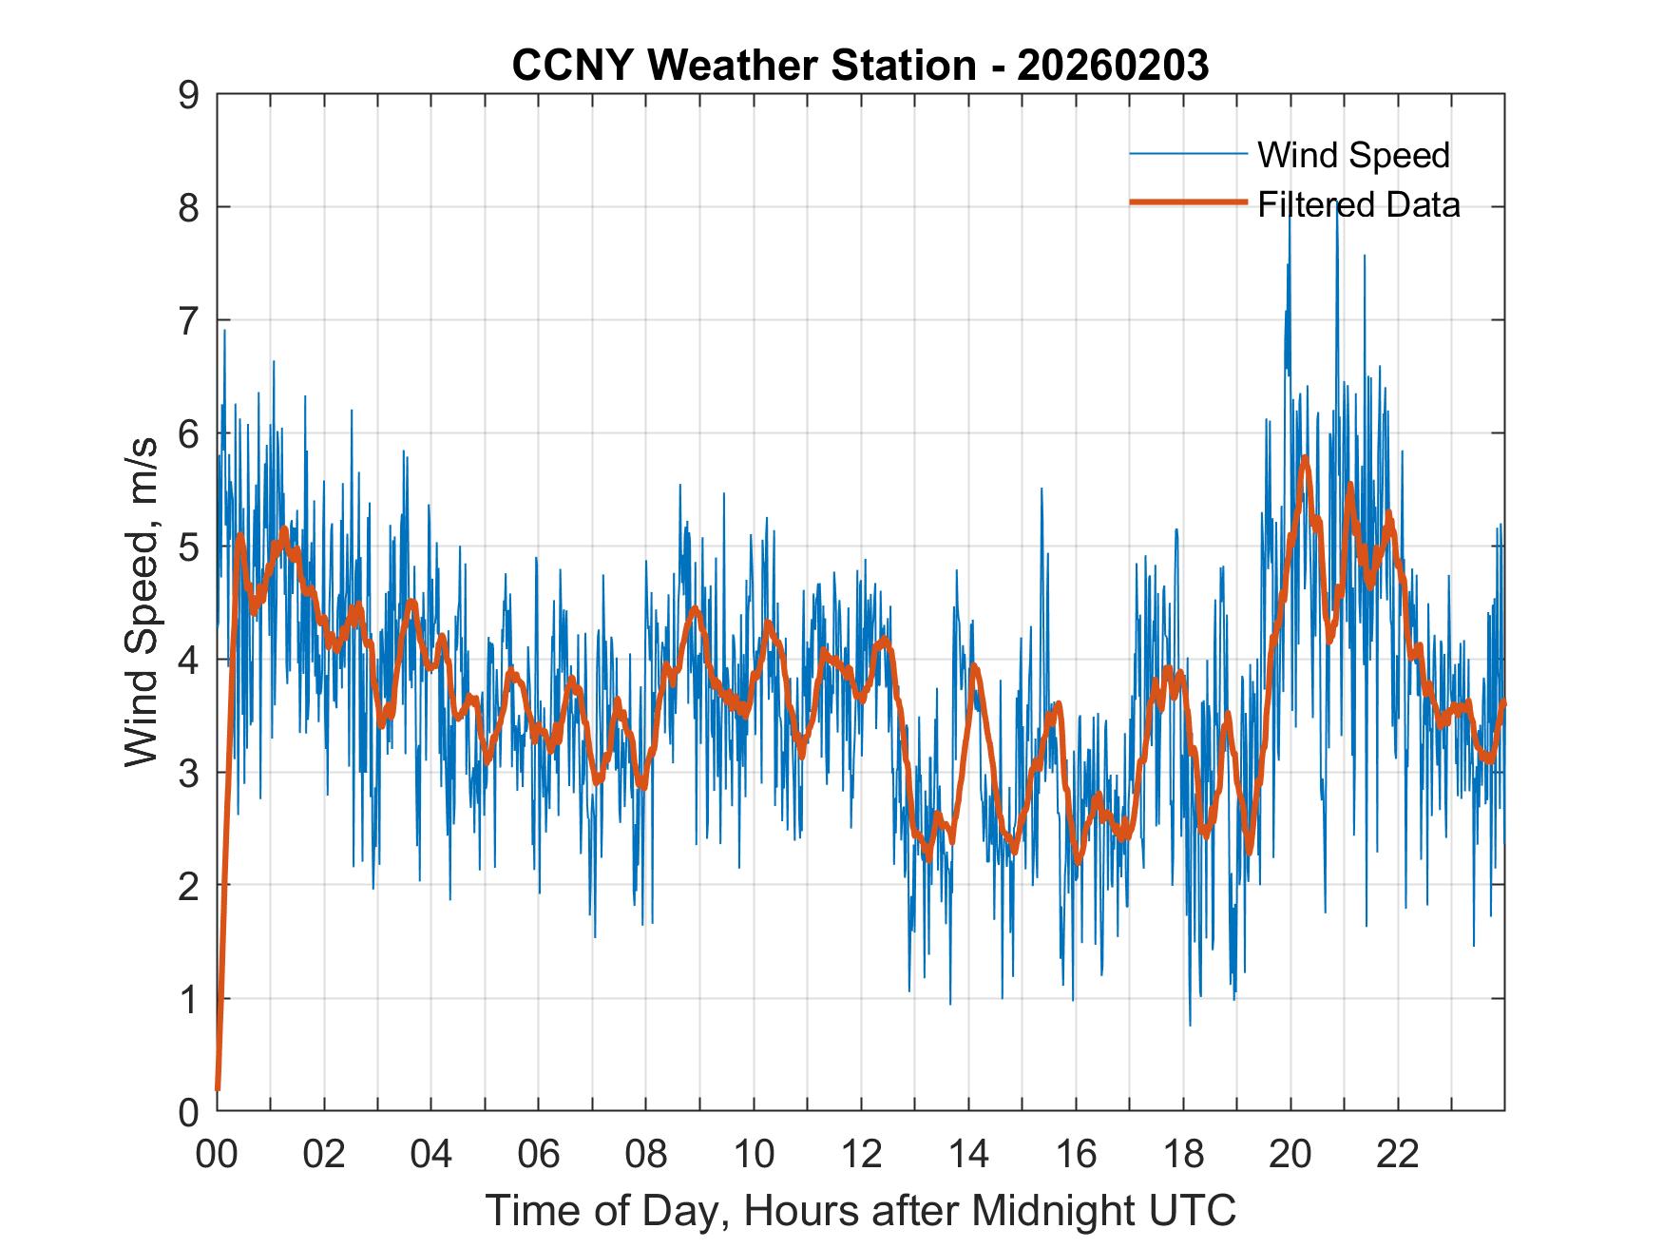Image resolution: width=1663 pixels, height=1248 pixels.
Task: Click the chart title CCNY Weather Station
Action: click(743, 66)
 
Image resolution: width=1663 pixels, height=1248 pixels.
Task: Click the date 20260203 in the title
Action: click(1113, 66)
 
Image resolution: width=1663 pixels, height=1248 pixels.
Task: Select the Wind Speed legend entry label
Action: click(1353, 155)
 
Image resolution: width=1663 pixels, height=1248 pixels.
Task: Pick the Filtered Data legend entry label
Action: click(1358, 204)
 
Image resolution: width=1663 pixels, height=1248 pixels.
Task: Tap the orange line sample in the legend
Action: click(1188, 202)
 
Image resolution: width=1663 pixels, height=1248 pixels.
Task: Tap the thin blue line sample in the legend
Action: click(1188, 153)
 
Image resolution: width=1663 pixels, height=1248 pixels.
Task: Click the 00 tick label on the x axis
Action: click(217, 1155)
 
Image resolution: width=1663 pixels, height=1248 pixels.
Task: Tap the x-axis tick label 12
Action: click(861, 1155)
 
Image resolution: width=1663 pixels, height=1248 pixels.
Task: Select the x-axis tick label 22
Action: click(1398, 1155)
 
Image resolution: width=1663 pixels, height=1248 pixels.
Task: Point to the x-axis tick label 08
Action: click(646, 1155)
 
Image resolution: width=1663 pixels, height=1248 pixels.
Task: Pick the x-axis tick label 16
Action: click(1076, 1155)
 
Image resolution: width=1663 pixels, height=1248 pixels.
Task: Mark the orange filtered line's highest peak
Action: click(1306, 458)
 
